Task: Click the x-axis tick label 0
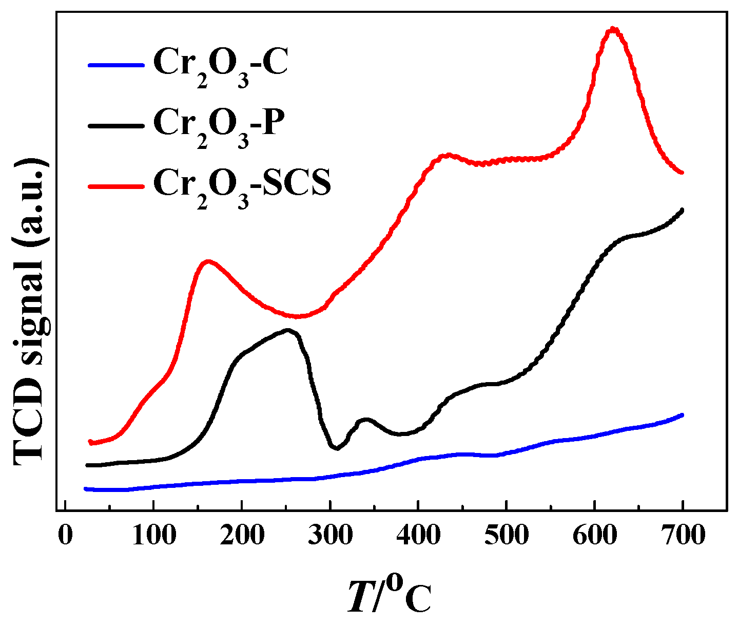(x=65, y=535)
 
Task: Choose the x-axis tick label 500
(x=507, y=535)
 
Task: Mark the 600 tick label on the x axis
(x=595, y=535)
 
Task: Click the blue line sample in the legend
(x=115, y=65)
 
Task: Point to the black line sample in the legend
(x=115, y=125)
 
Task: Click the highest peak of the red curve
(x=612, y=29)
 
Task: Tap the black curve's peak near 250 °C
(x=288, y=330)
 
